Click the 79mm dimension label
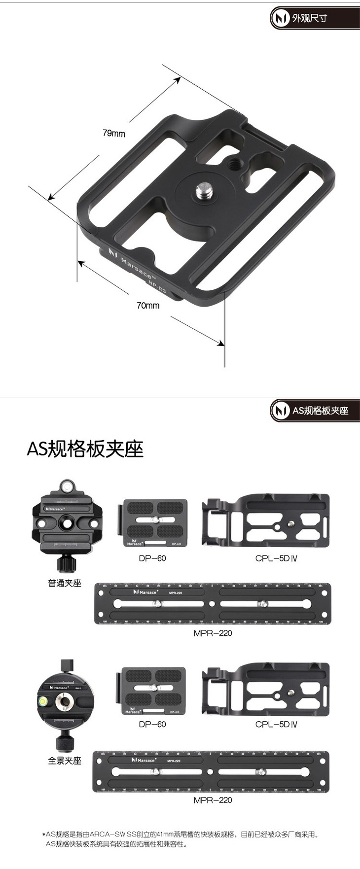[x=114, y=133]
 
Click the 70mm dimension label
[x=148, y=306]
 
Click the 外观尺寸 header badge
[x=314, y=19]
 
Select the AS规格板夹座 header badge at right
[x=315, y=410]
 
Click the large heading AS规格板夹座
[x=85, y=449]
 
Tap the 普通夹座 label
[x=65, y=583]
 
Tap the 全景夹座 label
[x=65, y=761]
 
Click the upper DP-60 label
[x=152, y=558]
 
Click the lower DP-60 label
[x=152, y=724]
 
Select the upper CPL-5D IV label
[x=276, y=558]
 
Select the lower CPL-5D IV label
[x=276, y=724]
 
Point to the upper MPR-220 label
[x=213, y=633]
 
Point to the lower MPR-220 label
[x=213, y=800]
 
